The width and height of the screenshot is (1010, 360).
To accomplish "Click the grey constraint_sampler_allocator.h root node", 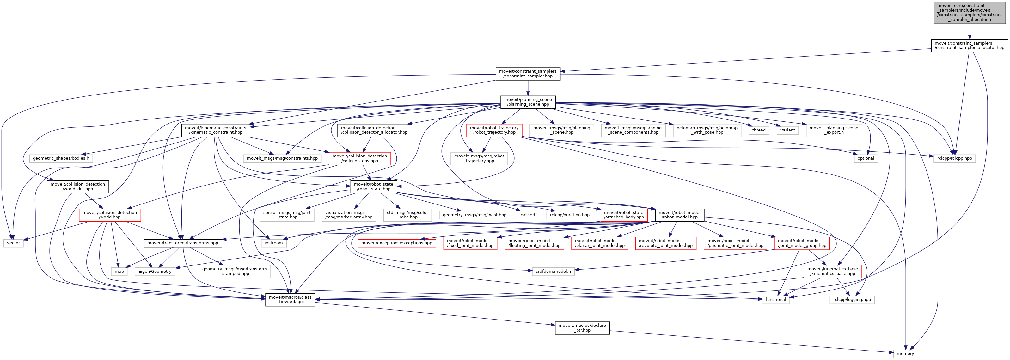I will click(x=969, y=13).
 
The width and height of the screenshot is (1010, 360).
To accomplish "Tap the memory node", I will click(x=905, y=353).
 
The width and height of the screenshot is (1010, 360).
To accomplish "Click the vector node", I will click(x=13, y=243).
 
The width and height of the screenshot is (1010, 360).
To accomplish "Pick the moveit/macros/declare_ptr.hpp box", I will click(x=582, y=328).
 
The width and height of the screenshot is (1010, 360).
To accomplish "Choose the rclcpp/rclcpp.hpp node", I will click(x=954, y=158).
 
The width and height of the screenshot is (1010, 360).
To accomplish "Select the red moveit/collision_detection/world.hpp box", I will click(x=110, y=215).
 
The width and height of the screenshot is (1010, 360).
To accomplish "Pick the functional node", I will click(x=775, y=300).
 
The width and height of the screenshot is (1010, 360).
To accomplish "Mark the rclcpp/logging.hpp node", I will click(x=852, y=300).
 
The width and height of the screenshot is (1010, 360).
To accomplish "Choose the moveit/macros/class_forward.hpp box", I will click(x=290, y=300).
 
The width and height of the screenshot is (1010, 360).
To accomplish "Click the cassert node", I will click(x=528, y=215).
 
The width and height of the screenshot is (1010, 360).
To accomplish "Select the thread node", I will click(x=758, y=130).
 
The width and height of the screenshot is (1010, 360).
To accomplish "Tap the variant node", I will click(x=787, y=130).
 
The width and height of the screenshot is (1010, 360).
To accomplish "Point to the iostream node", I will click(x=273, y=243).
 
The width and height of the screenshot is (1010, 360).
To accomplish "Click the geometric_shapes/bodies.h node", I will click(x=61, y=158).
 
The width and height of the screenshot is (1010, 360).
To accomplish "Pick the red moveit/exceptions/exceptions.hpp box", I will click(x=396, y=243).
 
